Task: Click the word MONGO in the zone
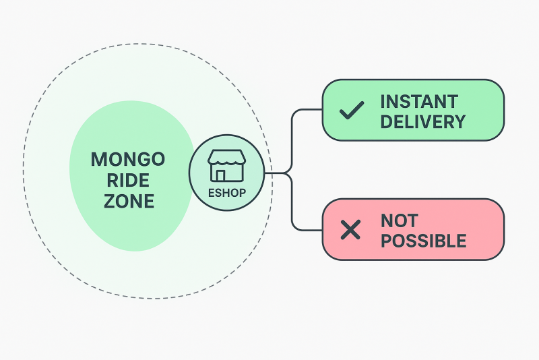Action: click(x=128, y=160)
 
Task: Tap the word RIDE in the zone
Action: click(x=128, y=181)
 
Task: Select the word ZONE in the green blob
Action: click(x=128, y=201)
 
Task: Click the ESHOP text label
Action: click(x=226, y=193)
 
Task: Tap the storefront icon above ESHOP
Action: click(x=226, y=166)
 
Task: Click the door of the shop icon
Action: click(x=220, y=175)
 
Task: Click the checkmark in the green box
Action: click(x=352, y=110)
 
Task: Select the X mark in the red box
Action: click(x=350, y=230)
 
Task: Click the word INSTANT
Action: click(x=418, y=102)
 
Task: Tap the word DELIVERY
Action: click(x=422, y=122)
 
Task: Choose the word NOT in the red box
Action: click(x=399, y=220)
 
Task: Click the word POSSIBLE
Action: click(x=423, y=241)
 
